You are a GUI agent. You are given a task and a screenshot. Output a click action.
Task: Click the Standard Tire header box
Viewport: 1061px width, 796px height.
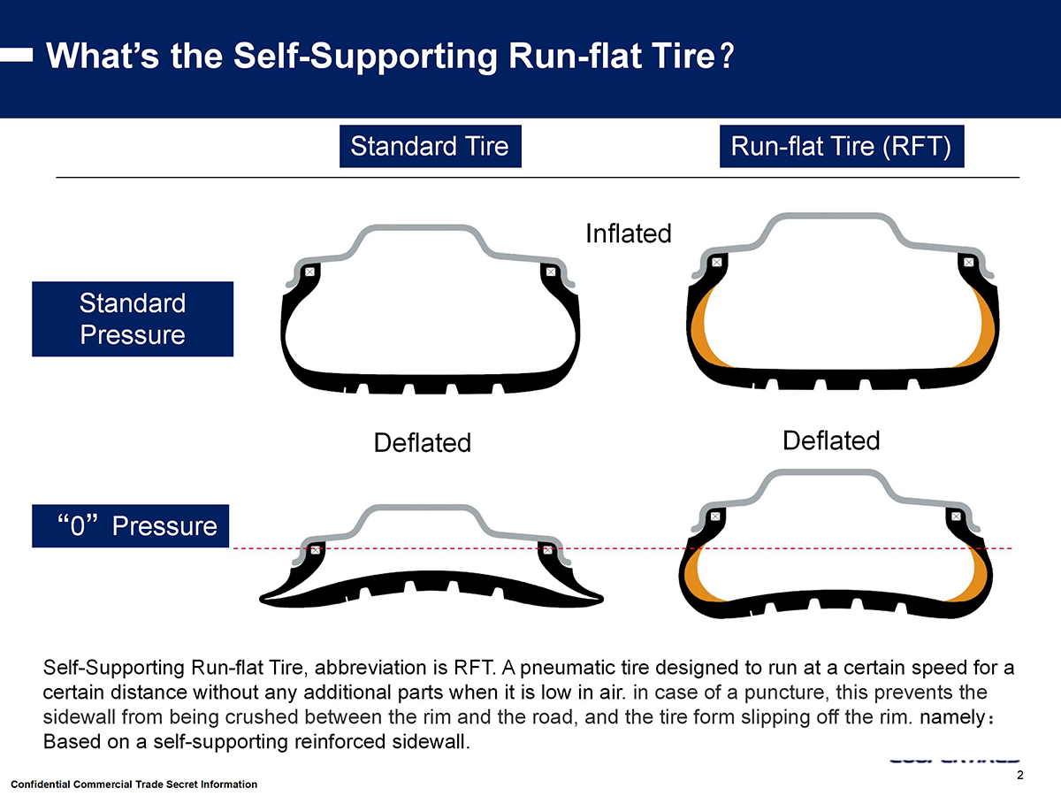coord(430,147)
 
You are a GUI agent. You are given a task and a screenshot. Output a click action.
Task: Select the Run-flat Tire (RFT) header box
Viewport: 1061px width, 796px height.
coord(840,147)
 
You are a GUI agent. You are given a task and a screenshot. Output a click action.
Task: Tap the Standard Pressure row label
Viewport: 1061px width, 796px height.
coord(133,319)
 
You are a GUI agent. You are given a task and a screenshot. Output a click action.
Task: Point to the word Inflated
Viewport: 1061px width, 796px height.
coord(629,233)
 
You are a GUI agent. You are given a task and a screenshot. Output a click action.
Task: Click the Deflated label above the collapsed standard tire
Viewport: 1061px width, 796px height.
coord(423,442)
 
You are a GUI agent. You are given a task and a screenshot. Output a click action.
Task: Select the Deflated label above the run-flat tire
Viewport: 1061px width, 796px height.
coord(831,440)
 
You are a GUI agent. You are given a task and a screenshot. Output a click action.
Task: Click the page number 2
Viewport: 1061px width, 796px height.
coord(1020,776)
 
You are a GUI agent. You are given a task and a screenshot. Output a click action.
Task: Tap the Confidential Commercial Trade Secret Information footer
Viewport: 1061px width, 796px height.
coord(134,785)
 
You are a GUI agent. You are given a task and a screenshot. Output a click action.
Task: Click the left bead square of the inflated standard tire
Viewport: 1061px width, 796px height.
coord(309,272)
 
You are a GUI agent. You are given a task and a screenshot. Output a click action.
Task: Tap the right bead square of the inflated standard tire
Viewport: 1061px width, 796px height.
coord(550,272)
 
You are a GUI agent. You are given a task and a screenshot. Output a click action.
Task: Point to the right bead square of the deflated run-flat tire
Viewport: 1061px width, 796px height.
coord(955,516)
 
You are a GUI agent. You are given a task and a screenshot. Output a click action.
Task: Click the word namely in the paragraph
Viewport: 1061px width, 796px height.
coord(950,717)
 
